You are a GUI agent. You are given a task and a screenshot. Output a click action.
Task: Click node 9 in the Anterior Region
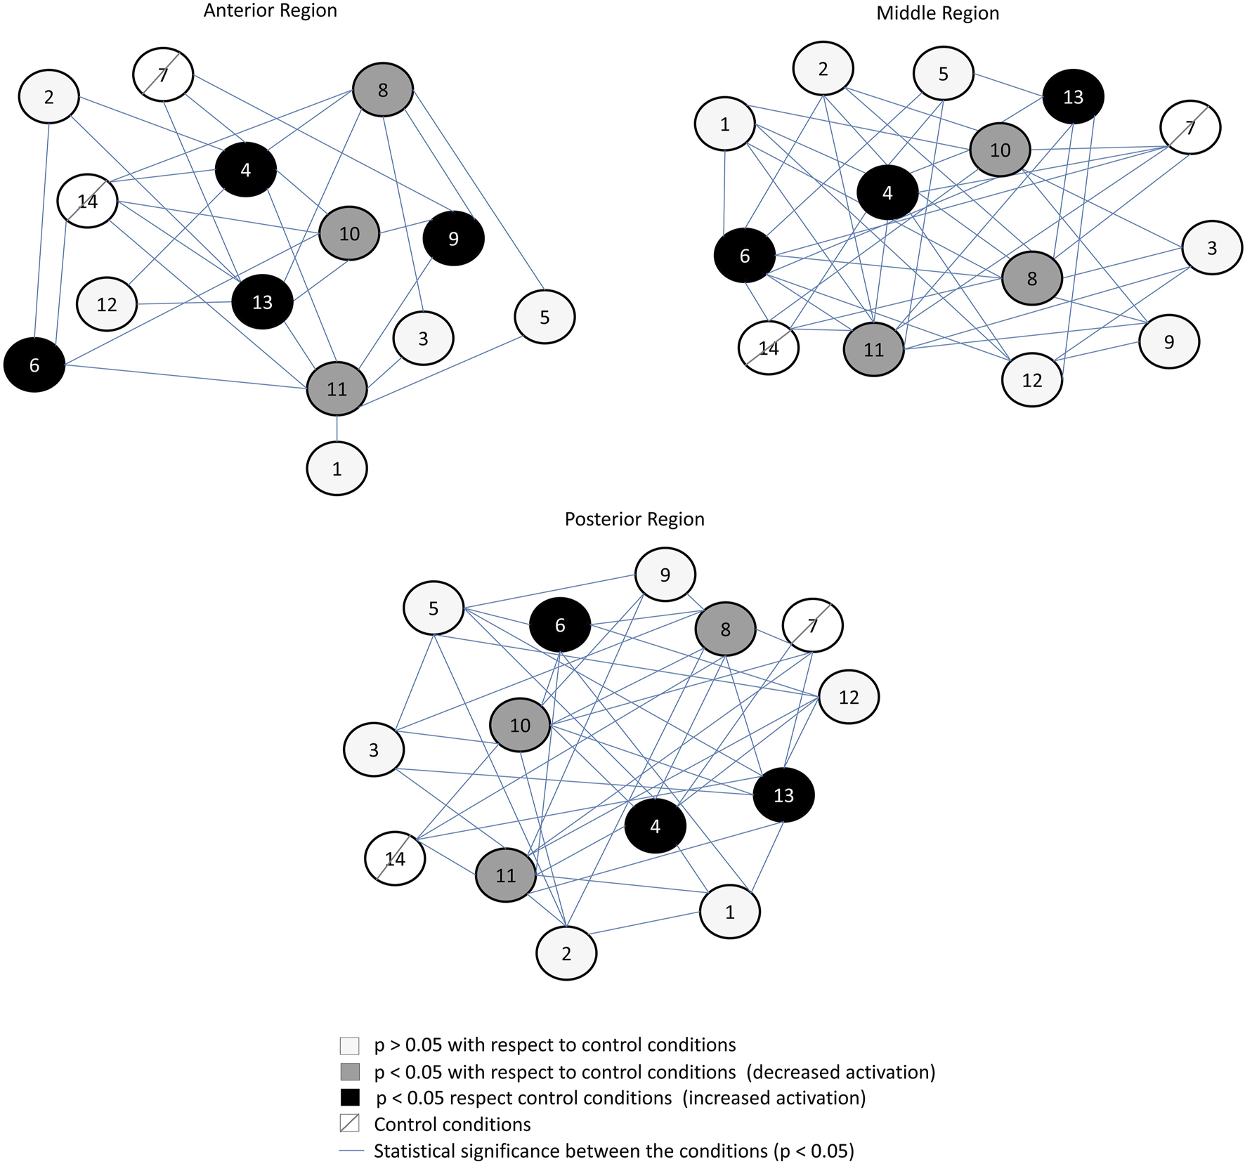coord(453,239)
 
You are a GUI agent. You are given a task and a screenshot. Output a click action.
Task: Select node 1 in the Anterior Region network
coord(337,469)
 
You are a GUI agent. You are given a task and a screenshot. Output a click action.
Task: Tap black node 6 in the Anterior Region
coord(34,365)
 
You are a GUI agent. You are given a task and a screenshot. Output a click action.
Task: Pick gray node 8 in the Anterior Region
coord(382,90)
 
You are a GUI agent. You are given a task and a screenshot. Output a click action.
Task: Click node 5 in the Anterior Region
coord(545,317)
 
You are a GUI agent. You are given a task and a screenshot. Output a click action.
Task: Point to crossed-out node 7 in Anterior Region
coord(163,74)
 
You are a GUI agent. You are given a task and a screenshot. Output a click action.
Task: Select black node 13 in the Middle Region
coord(1073,97)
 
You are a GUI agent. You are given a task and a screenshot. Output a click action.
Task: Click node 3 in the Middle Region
coord(1211,247)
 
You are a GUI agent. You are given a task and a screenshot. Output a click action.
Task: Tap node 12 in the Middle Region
coord(1031,380)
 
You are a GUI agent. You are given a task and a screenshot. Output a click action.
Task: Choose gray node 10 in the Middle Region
coord(1000,150)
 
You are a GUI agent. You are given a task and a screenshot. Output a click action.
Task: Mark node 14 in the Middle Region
coord(769,348)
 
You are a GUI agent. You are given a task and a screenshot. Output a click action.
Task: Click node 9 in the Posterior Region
coord(665,575)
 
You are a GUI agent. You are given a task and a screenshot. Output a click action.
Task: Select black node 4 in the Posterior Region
coord(655,826)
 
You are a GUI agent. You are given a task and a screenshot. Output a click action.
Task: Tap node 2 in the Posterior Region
coord(566,953)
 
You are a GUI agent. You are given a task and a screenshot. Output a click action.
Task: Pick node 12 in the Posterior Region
coord(849,697)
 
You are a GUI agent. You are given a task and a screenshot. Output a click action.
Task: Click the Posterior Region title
coord(634,519)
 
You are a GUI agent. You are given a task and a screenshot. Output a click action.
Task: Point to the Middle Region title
coord(937,13)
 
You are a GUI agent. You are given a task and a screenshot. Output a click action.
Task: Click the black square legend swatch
coord(349,1097)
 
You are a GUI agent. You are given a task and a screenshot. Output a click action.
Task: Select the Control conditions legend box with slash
coord(349,1123)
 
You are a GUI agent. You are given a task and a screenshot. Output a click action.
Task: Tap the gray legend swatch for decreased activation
coord(349,1071)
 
